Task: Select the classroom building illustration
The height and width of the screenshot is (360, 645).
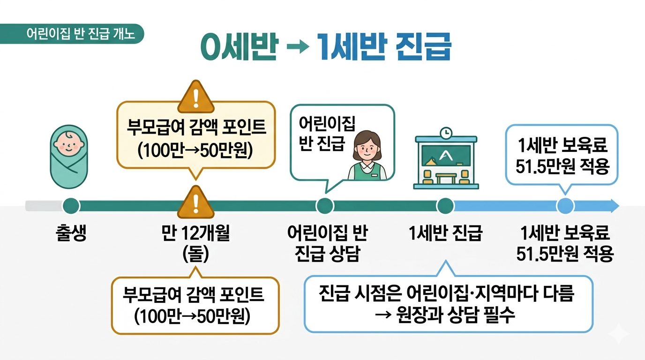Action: [x=446, y=162]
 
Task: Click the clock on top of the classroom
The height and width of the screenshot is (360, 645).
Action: [x=446, y=133]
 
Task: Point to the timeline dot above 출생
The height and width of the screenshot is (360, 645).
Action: [x=71, y=206]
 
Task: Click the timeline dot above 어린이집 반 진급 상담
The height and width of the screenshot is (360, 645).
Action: [x=325, y=206]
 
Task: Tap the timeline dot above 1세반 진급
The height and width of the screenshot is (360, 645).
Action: [x=445, y=206]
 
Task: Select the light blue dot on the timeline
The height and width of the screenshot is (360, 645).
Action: [x=565, y=206]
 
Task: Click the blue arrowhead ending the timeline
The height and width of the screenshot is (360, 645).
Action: [x=614, y=206]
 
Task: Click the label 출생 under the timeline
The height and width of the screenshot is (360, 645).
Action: [x=71, y=233]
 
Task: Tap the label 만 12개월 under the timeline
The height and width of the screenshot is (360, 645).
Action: [x=195, y=233]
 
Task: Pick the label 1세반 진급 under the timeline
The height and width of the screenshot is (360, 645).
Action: [x=445, y=233]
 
